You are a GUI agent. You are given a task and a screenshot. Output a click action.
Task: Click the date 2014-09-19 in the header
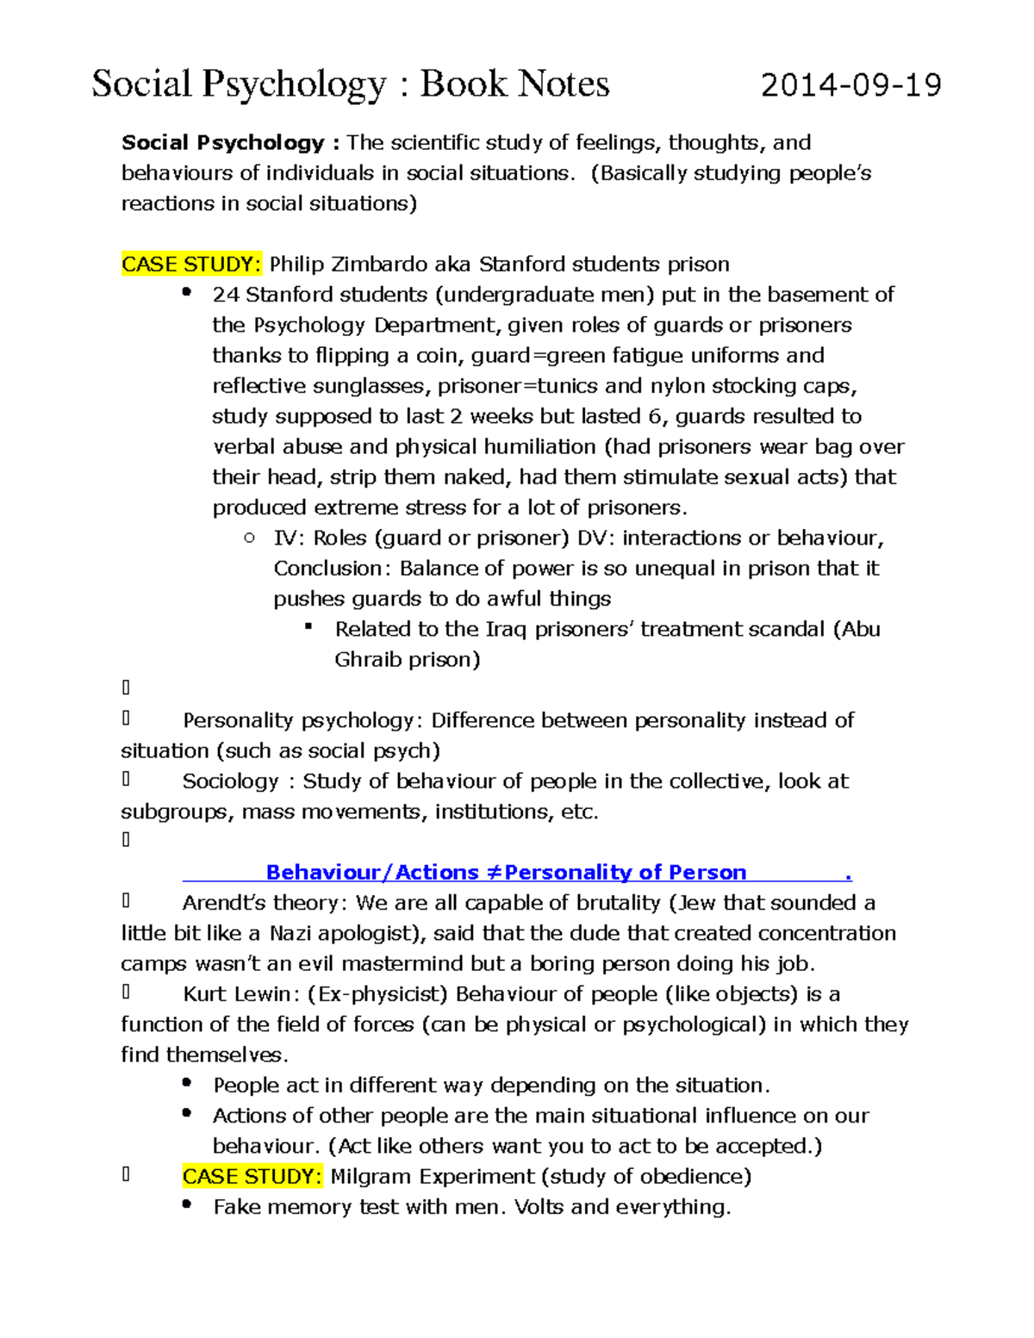click(850, 85)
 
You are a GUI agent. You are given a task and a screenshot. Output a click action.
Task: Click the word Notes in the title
click(564, 84)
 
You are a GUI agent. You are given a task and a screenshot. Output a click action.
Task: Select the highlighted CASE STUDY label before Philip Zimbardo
click(190, 264)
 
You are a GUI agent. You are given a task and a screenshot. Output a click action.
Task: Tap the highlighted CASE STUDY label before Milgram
click(252, 1176)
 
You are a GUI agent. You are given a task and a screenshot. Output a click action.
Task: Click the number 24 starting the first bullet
click(225, 295)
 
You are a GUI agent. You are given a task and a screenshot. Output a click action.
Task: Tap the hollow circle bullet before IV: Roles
click(250, 538)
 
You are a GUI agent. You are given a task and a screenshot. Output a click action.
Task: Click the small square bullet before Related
click(308, 627)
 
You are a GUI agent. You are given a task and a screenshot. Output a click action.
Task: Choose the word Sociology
click(230, 781)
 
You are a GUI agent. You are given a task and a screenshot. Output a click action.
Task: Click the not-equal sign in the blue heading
click(493, 873)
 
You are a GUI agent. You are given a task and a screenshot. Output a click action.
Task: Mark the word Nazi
click(290, 933)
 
